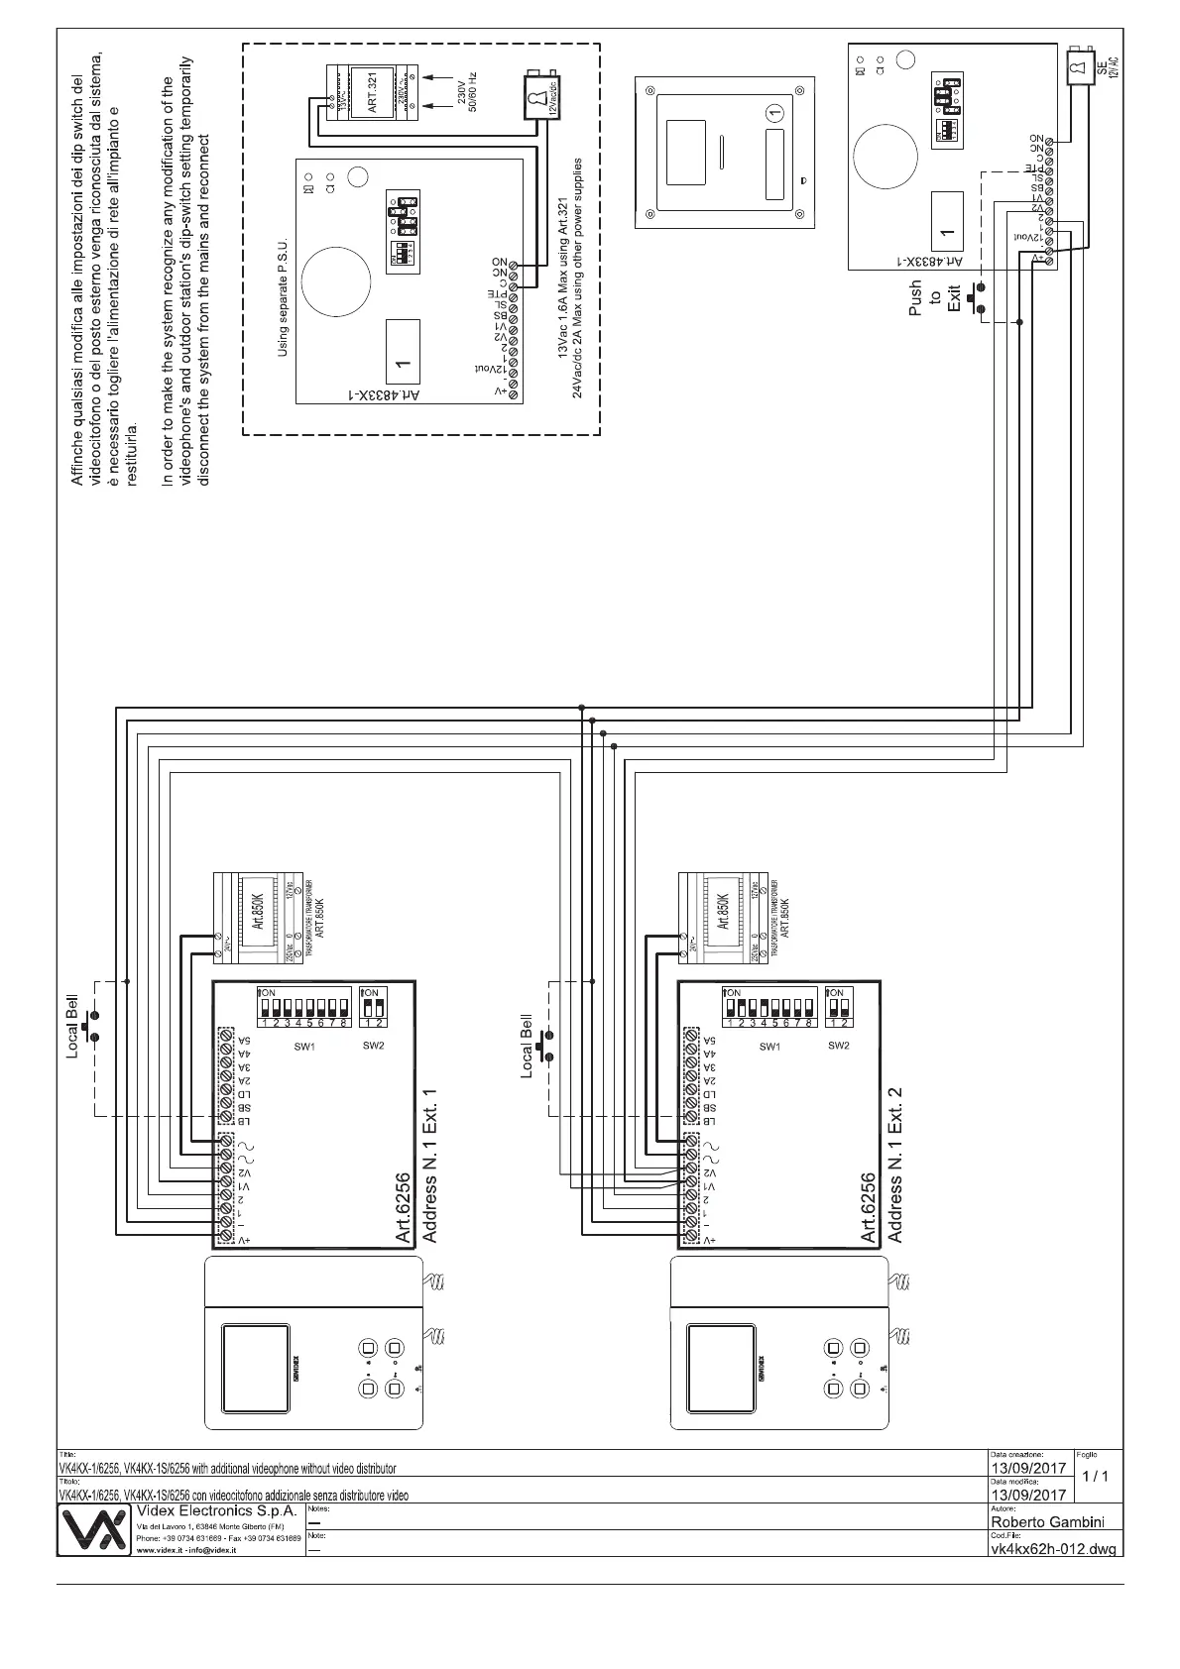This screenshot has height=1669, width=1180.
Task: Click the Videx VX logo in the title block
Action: pyautogui.click(x=95, y=1531)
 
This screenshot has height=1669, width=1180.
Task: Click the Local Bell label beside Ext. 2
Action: pyautogui.click(x=527, y=1046)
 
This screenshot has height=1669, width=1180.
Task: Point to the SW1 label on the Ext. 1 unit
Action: pyautogui.click(x=304, y=1047)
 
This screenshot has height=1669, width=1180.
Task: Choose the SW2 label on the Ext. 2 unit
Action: pyautogui.click(x=838, y=1046)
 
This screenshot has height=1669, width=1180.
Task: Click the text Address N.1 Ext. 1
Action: pyautogui.click(x=430, y=1164)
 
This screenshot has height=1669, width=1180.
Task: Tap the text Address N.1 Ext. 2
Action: pyautogui.click(x=895, y=1164)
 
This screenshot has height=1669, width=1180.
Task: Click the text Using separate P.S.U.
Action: pyautogui.click(x=283, y=296)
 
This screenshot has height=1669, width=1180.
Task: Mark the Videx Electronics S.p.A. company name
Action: pyautogui.click(x=215, y=1511)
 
